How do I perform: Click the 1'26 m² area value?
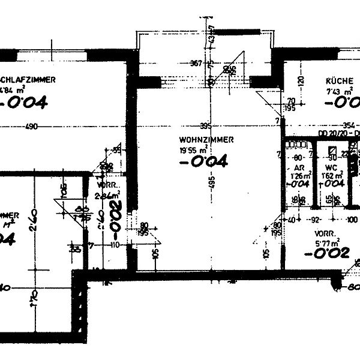click(x=299, y=176)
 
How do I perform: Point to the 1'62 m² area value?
click(x=331, y=176)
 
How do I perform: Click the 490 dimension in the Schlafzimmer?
click(x=31, y=127)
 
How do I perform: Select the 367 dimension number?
click(x=196, y=62)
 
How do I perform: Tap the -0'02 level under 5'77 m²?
click(x=326, y=253)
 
